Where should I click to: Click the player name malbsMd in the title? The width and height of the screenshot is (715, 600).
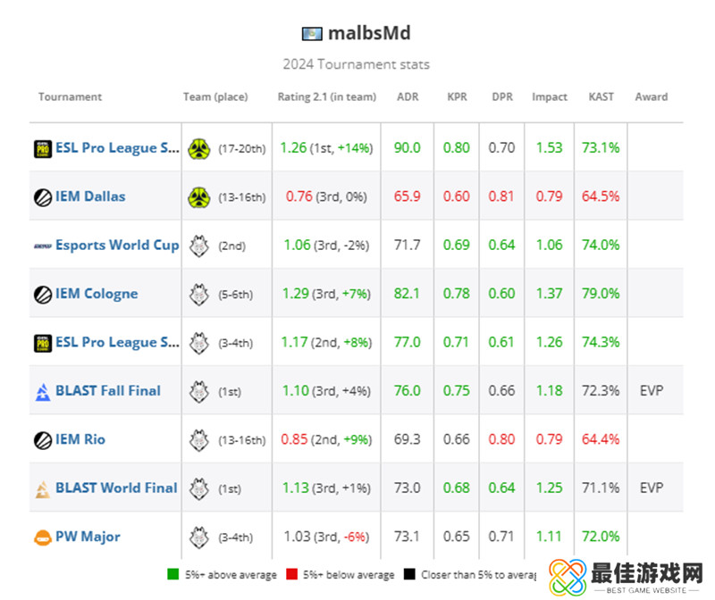point(368,34)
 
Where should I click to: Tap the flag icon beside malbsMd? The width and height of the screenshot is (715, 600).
point(312,34)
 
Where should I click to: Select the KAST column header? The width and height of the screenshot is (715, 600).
point(601,96)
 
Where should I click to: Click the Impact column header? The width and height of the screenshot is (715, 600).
point(550,96)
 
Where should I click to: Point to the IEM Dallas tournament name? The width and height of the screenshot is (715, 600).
point(90,196)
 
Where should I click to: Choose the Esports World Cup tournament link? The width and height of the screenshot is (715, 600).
point(117,245)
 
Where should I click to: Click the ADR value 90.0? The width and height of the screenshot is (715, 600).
point(407,147)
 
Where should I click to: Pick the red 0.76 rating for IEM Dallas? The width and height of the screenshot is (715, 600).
point(300,196)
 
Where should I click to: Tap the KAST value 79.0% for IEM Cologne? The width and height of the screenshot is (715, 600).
point(601,293)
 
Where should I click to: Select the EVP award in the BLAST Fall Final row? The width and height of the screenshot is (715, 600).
point(652,390)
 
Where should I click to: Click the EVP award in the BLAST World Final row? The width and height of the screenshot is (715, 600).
point(652,487)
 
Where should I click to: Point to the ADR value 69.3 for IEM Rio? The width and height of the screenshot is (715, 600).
point(407,439)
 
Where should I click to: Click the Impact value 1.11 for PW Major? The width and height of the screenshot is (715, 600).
point(550,536)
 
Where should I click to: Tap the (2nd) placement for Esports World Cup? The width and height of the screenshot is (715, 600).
point(231,246)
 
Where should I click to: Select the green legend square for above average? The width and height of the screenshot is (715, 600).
point(173,574)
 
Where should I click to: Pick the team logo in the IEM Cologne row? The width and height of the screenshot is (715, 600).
point(198,294)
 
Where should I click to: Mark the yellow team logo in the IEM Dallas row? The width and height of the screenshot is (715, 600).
point(198,196)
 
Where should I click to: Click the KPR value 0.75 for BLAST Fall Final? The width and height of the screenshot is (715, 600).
point(457,390)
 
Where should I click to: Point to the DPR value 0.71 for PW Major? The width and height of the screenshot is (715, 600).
point(502,536)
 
